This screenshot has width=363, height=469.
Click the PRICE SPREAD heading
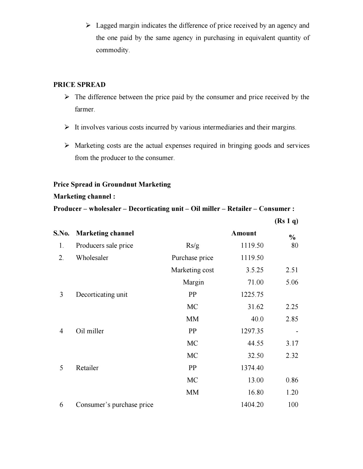[x=79, y=85]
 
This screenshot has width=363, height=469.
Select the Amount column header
[x=244, y=233]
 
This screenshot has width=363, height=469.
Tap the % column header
[x=292, y=237]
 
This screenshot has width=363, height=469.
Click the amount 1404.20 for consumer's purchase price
[x=252, y=405]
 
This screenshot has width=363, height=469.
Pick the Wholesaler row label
[x=92, y=258]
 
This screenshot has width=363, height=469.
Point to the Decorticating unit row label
[x=102, y=294]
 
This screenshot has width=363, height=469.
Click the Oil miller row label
[x=90, y=331]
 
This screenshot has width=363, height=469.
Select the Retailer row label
[x=87, y=368]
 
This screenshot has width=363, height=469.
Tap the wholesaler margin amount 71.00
[x=255, y=282]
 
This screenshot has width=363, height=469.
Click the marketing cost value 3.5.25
[x=254, y=270]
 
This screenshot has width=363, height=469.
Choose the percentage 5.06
[x=292, y=282]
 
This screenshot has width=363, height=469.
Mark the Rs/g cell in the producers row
[x=193, y=245]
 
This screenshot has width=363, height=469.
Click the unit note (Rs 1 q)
[x=286, y=221]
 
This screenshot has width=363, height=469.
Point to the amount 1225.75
[x=252, y=294]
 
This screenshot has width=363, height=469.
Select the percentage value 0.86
[x=292, y=380]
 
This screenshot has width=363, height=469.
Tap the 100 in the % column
[x=293, y=405]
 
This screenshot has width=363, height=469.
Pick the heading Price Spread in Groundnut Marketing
[x=112, y=184]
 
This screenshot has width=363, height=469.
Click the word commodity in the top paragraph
[x=112, y=50]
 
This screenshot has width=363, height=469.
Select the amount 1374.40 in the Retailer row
[x=252, y=368]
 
